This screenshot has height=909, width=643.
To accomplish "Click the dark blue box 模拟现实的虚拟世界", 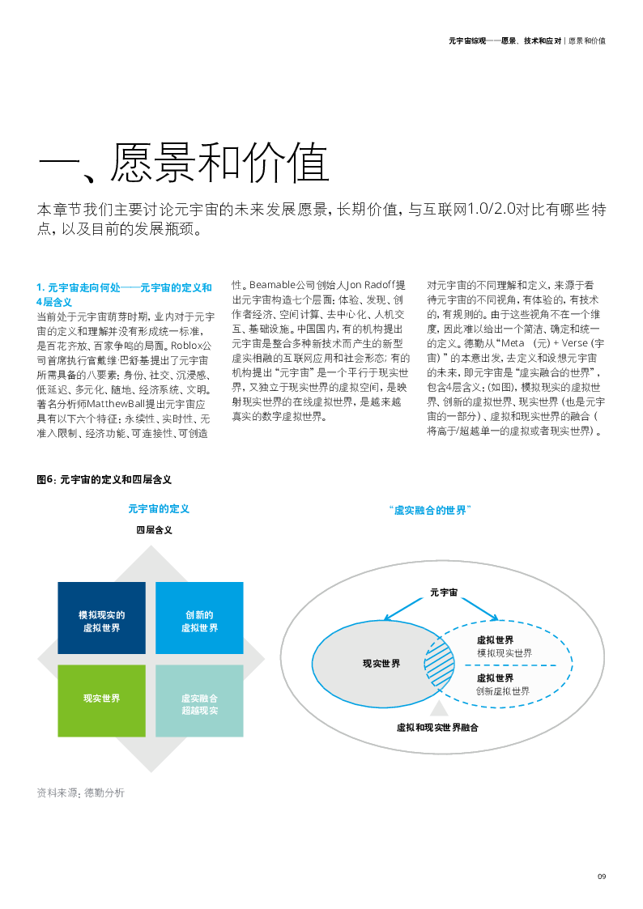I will (x=101, y=618).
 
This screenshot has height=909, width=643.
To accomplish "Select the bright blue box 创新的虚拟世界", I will (x=199, y=618).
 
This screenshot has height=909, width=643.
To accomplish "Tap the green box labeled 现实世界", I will (x=101, y=700).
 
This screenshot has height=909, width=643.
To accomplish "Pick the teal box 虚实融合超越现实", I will (x=199, y=701).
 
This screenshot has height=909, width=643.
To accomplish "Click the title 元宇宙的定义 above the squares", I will (x=159, y=509).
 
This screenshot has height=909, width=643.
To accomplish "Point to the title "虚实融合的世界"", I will (x=430, y=511).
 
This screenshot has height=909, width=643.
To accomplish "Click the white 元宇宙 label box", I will (x=437, y=592).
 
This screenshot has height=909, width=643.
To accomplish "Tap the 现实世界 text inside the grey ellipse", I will (x=381, y=664).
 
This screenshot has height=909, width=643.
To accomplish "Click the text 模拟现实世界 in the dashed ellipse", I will (x=504, y=653).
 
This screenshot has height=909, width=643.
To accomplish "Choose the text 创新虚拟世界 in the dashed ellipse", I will (x=503, y=691).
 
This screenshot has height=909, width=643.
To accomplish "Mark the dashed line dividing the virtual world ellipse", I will (x=510, y=665).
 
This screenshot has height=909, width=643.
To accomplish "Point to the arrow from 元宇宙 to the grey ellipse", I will (x=405, y=609).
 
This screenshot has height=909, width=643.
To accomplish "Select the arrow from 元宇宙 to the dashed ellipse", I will (x=479, y=609).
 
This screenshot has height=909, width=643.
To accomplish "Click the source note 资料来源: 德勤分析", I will (x=81, y=793).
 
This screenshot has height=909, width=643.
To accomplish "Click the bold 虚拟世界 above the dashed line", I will (x=495, y=640).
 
